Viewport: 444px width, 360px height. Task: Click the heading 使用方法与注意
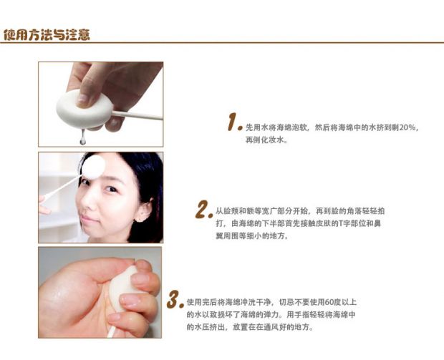tap(47, 35)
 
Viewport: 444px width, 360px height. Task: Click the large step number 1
tap(233, 122)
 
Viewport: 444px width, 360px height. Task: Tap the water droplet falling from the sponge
tap(82, 137)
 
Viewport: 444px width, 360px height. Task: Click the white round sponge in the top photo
tap(85, 110)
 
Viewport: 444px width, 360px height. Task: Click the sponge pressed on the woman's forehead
tap(93, 167)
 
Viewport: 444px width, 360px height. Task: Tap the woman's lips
tap(90, 219)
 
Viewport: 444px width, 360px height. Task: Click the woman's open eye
tap(110, 189)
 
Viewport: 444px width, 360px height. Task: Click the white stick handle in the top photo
tap(137, 115)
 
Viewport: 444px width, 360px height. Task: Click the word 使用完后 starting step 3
tap(202, 302)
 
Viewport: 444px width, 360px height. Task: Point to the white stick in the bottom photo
tap(111, 331)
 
